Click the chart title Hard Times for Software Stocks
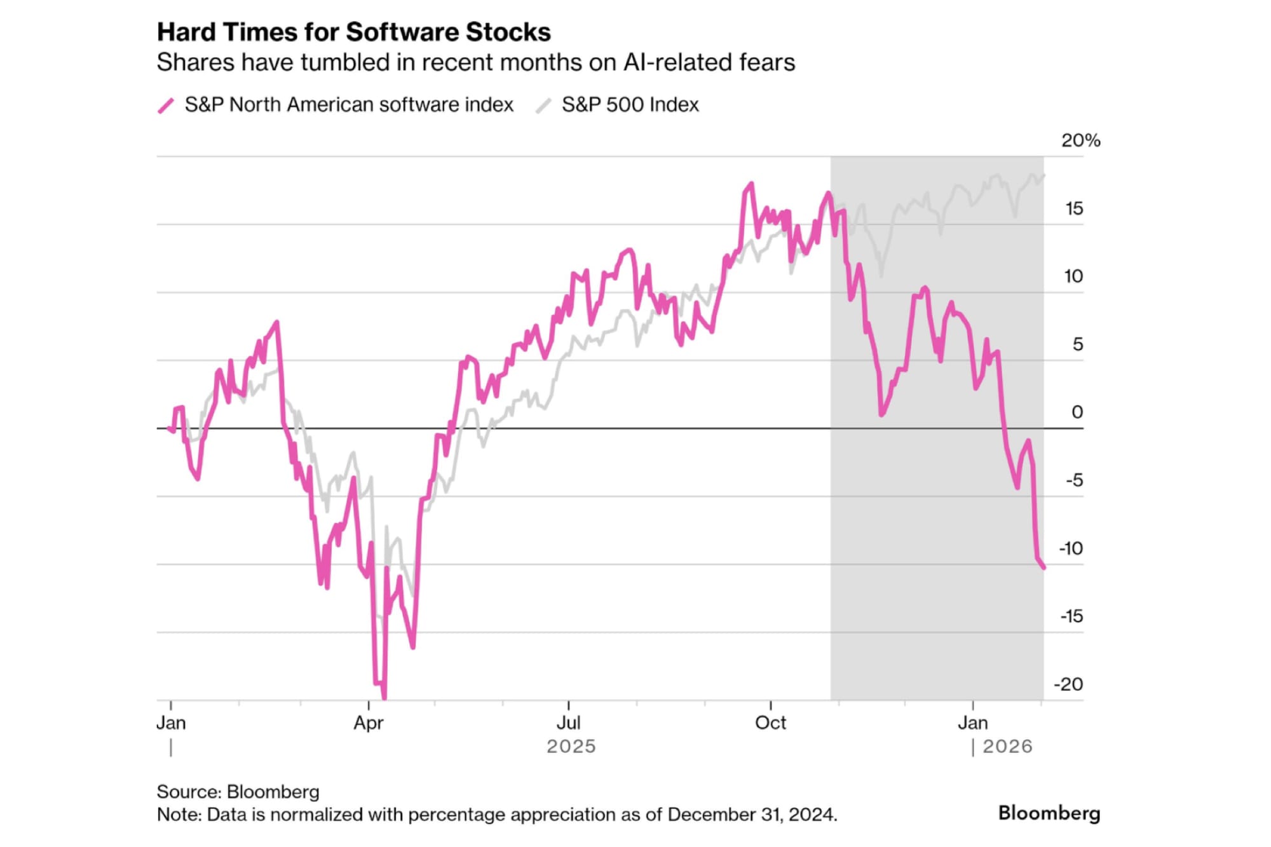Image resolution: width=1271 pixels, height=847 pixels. (x=353, y=32)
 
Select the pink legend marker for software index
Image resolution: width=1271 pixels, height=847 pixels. (x=166, y=105)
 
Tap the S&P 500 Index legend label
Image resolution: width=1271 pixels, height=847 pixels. (x=630, y=105)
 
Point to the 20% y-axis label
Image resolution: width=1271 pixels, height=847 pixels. (x=1080, y=140)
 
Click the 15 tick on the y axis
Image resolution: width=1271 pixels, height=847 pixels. (x=1074, y=208)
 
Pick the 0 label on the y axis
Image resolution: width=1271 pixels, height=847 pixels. (x=1077, y=412)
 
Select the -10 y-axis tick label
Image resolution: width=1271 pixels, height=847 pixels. (x=1071, y=548)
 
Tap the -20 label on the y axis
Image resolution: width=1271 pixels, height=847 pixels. (x=1068, y=684)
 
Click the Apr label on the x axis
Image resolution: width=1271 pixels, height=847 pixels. (x=369, y=722)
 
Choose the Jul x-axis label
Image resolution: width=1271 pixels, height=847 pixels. (x=568, y=722)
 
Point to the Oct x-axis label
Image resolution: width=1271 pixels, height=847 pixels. (x=770, y=722)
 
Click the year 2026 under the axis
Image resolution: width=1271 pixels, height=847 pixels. (x=1007, y=746)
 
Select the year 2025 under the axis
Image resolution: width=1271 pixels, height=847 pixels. (x=571, y=746)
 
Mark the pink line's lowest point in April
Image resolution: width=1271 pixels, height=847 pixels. (x=384, y=698)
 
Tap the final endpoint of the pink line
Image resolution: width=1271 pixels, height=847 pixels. (x=1043, y=567)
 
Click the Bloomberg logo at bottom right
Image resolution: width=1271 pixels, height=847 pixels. (x=1049, y=813)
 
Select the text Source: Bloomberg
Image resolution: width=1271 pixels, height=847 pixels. (x=238, y=792)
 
